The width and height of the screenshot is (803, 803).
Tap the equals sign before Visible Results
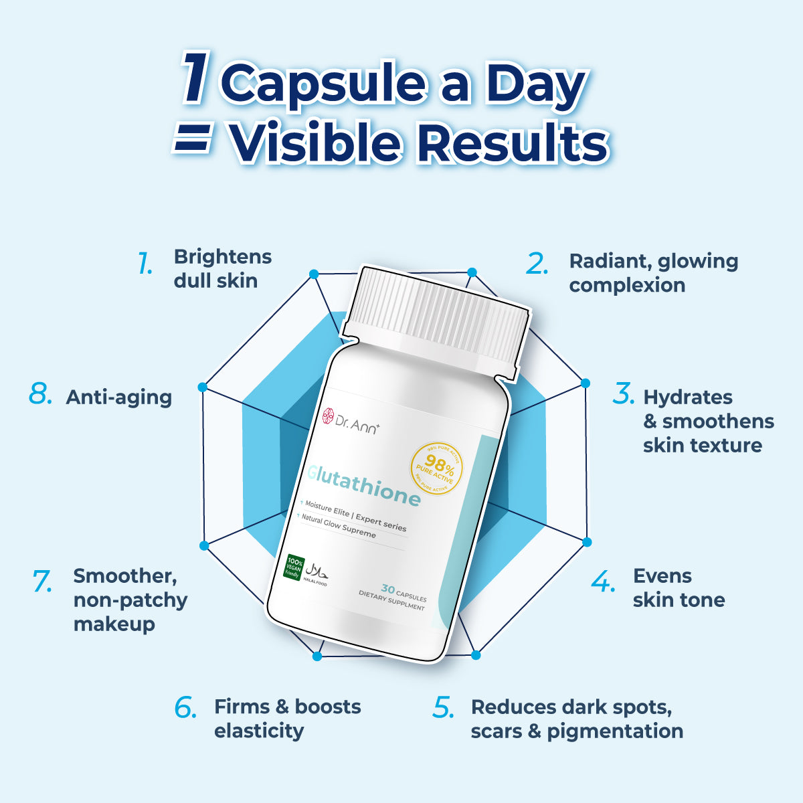click(x=193, y=141)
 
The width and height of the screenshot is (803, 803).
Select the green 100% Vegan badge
click(x=293, y=566)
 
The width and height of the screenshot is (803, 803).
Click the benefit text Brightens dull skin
click(x=222, y=268)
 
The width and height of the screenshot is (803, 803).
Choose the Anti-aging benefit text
click(x=119, y=397)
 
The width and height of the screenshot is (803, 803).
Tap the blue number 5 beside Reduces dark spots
click(x=444, y=707)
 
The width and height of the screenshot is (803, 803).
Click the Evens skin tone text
click(x=678, y=588)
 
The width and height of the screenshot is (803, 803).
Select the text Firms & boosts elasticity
click(x=287, y=718)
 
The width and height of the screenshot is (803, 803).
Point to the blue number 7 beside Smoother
click(x=42, y=581)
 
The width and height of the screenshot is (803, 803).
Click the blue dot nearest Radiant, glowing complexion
click(x=472, y=272)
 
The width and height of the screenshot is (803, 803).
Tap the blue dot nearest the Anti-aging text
click(x=202, y=387)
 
